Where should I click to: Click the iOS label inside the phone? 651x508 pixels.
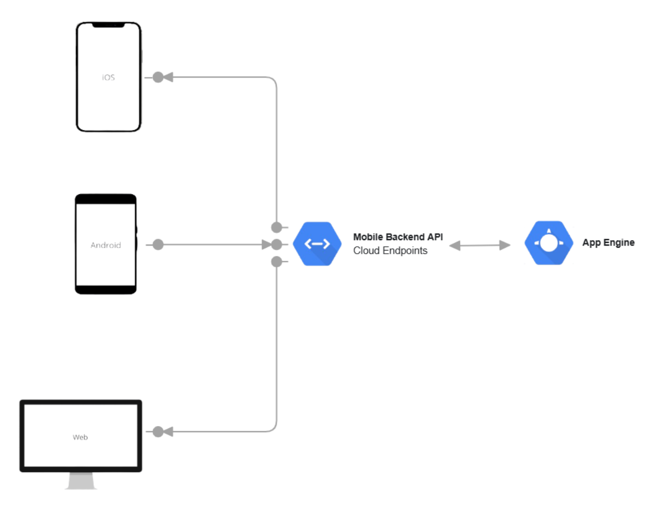point(108,78)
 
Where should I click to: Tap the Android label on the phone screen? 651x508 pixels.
point(105,245)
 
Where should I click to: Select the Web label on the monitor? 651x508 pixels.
point(80,437)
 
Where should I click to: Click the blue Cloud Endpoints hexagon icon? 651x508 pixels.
point(317,244)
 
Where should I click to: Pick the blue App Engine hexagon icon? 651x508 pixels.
point(548,243)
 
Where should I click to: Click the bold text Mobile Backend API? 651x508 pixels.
point(398,237)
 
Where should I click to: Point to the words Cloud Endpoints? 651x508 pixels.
point(390,250)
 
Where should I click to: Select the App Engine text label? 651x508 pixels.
point(608,243)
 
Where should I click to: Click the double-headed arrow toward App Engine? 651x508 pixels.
point(480,246)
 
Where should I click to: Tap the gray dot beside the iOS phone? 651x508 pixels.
point(158,78)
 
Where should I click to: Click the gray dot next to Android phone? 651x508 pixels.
point(158,245)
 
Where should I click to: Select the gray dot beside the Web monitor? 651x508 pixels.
point(158,432)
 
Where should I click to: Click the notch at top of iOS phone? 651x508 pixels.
point(108,25)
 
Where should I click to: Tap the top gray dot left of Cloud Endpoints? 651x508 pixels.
point(277,227)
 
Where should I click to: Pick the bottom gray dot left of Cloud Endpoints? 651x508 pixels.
point(277,262)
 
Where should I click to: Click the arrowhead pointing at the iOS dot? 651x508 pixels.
point(168,78)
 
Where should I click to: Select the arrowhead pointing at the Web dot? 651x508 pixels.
point(168,432)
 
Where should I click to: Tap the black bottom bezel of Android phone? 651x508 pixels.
point(105,290)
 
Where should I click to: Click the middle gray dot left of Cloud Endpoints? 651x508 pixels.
point(277,245)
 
